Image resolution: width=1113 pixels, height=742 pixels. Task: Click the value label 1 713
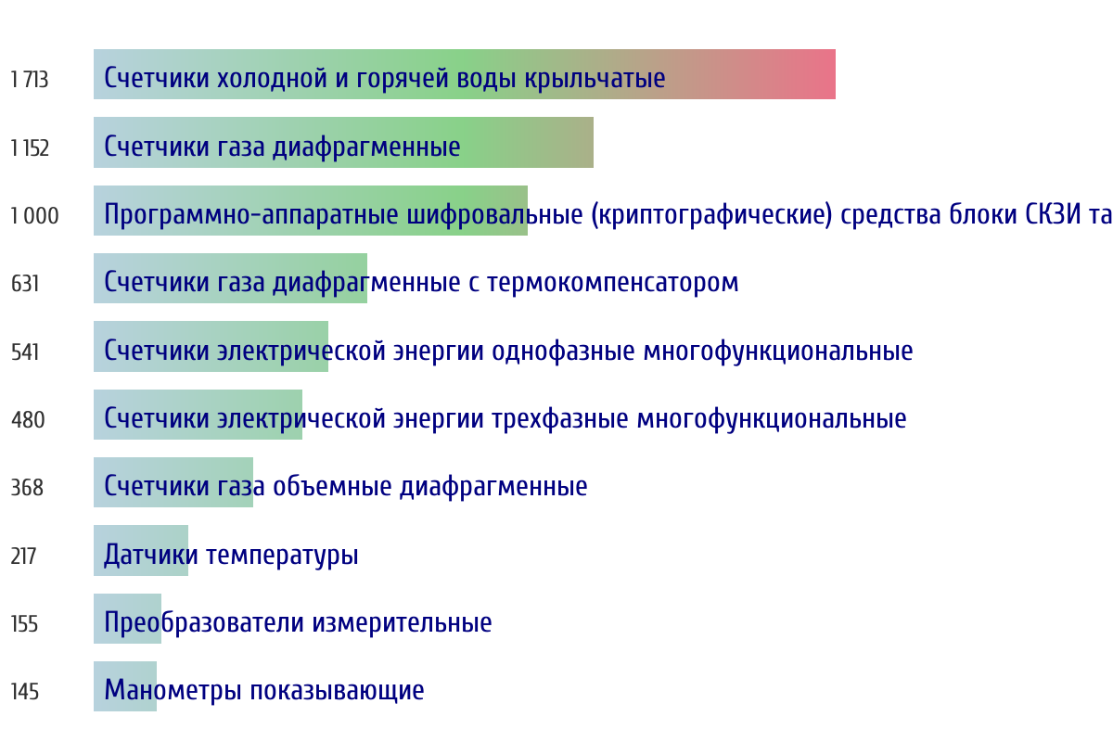click(x=30, y=80)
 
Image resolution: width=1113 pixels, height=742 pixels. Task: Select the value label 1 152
click(x=30, y=148)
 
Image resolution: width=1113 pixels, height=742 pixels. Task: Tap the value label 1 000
click(x=35, y=216)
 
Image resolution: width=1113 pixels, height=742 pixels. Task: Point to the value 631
click(x=25, y=284)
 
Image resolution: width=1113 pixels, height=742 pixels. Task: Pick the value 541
click(x=25, y=352)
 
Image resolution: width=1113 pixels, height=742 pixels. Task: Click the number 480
click(x=28, y=420)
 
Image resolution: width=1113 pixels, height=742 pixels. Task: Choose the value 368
click(x=27, y=488)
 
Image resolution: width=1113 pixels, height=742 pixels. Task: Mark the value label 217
click(x=23, y=556)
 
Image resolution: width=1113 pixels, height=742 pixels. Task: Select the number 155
click(x=24, y=624)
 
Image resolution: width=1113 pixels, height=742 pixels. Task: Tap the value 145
click(x=25, y=692)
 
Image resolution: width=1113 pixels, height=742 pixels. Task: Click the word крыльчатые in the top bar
click(x=595, y=79)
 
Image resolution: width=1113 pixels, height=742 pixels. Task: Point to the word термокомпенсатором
click(x=613, y=283)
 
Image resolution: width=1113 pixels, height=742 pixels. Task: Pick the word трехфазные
click(x=560, y=419)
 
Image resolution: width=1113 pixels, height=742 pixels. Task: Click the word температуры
click(x=282, y=556)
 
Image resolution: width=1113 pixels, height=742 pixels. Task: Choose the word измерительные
click(x=402, y=622)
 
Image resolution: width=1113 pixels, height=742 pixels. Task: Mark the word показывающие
click(x=337, y=691)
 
